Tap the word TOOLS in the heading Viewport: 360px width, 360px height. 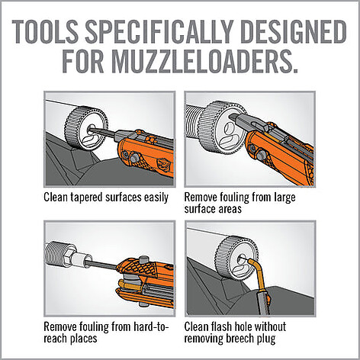coord(44,32)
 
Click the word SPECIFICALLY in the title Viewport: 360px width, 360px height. coord(156,32)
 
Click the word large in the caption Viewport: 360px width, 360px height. coord(284,198)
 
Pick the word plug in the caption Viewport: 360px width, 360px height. coord(266,339)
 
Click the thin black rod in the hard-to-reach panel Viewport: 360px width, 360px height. coord(101,265)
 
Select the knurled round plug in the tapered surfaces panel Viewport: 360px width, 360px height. coord(86,128)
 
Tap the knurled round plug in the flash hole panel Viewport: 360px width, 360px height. coord(236,257)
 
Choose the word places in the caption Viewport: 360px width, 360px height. coord(82,339)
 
